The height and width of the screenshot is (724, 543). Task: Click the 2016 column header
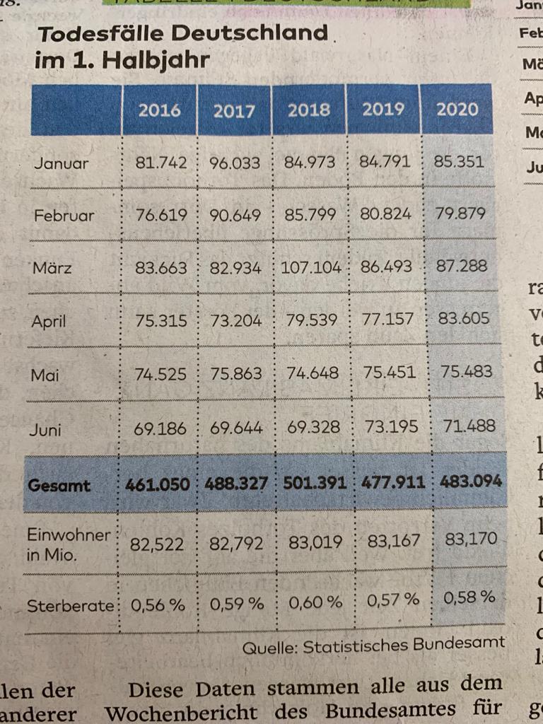point(159,110)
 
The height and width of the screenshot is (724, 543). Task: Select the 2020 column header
point(457,110)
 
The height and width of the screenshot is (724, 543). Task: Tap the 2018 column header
point(309,110)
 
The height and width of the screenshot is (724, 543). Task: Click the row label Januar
point(62,163)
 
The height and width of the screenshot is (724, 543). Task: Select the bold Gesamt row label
point(59,486)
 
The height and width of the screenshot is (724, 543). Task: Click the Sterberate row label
point(69,606)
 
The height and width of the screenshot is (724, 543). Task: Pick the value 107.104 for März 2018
point(311,268)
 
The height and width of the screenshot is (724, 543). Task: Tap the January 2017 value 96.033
point(235,163)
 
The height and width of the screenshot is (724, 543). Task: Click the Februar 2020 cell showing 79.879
point(460,214)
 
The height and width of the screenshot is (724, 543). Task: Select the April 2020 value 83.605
point(464,318)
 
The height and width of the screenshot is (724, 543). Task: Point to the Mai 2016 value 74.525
point(161,373)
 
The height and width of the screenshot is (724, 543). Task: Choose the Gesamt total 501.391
point(315,484)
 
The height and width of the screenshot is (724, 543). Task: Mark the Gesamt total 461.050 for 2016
point(157,485)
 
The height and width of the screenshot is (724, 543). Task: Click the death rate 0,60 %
point(315,602)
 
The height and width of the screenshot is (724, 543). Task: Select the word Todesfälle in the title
point(105,34)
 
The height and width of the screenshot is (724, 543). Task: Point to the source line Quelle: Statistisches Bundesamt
point(373,644)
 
